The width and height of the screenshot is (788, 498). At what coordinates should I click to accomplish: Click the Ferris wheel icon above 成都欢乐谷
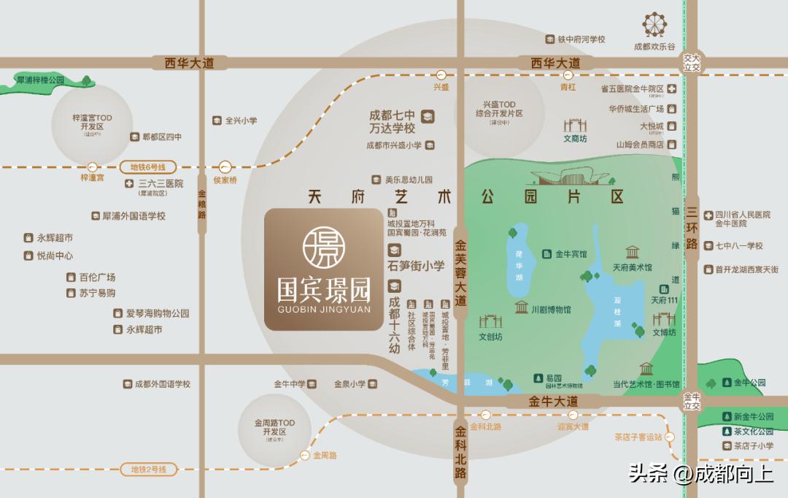pyautogui.click(x=656, y=26)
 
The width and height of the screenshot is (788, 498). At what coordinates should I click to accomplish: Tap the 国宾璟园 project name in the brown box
pyautogui.click(x=324, y=290)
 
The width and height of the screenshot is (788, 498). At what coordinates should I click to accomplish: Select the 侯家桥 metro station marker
pyautogui.click(x=225, y=167)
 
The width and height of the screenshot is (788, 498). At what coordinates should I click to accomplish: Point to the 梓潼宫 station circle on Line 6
pyautogui.click(x=92, y=167)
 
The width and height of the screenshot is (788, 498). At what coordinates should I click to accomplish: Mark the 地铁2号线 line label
pyautogui.click(x=144, y=470)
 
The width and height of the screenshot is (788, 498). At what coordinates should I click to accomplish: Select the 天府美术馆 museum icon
pyautogui.click(x=632, y=253)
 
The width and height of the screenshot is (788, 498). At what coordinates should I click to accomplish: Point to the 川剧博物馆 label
pyautogui.click(x=551, y=310)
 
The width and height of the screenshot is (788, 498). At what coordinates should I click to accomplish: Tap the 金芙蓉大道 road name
pyautogui.click(x=460, y=274)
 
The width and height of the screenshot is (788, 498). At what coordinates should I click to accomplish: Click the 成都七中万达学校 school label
pyautogui.click(x=393, y=121)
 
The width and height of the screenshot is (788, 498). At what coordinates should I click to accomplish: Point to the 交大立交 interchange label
pyautogui.click(x=691, y=62)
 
